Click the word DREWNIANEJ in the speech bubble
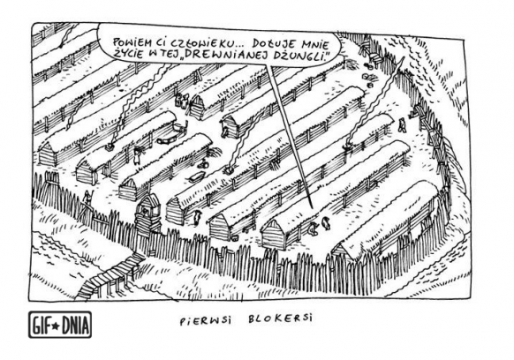[x=225, y=55]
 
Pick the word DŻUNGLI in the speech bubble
[x=300, y=55]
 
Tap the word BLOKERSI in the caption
[x=280, y=319]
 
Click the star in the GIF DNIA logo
[x=56, y=326]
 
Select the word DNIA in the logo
[x=74, y=326]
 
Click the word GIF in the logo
[x=42, y=326]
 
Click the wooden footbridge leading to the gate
[x=110, y=274]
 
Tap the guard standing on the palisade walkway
[x=87, y=199]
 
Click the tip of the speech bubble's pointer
[x=311, y=209]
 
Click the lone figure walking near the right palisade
[x=402, y=126]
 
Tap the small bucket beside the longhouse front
[x=234, y=236]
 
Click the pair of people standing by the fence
[x=182, y=101]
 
